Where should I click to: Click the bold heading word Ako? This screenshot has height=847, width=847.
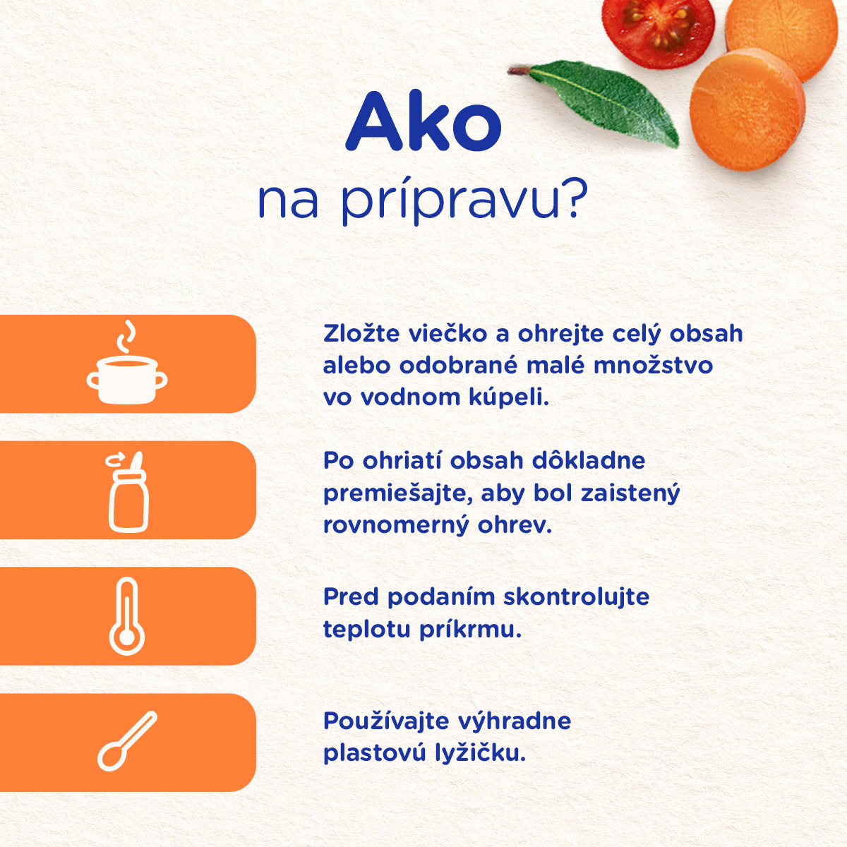(423, 121)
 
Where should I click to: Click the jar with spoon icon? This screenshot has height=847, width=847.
(128, 492)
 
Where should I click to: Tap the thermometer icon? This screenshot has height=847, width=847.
(126, 617)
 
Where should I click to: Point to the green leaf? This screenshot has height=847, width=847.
(598, 101)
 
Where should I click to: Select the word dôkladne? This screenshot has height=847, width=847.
(589, 461)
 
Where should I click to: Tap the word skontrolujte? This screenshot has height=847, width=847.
(576, 597)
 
